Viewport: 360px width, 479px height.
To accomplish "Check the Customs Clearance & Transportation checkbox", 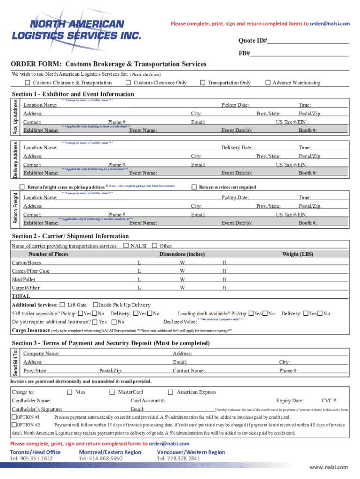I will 27,83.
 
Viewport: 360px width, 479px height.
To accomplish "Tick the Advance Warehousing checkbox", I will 268,83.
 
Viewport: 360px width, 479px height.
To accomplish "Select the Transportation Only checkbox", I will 203,83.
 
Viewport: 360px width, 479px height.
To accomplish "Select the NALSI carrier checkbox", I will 126,246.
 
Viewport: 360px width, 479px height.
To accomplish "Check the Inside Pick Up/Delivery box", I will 95,305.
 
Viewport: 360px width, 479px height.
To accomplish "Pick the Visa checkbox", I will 70,392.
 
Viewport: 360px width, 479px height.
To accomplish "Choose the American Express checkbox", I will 171,392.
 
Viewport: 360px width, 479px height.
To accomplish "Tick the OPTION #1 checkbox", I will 14,417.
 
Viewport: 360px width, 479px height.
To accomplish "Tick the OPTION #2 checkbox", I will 14,425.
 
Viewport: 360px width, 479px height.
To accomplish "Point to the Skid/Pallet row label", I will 23,279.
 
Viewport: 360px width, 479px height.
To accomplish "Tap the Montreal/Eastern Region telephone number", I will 101,458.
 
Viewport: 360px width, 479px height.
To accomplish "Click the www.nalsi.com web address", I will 329,467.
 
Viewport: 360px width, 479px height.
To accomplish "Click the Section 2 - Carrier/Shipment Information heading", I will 70,236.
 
